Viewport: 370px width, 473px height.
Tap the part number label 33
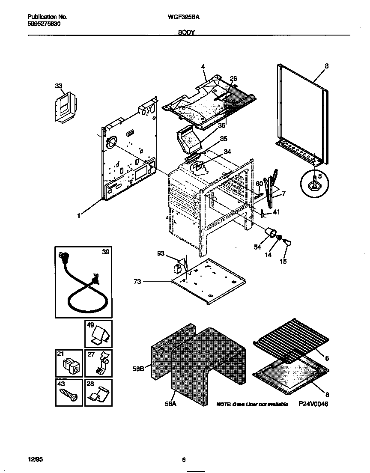(59, 86)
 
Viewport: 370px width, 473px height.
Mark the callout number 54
(257, 247)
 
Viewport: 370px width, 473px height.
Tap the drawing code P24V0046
(313, 404)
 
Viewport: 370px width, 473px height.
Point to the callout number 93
(161, 254)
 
